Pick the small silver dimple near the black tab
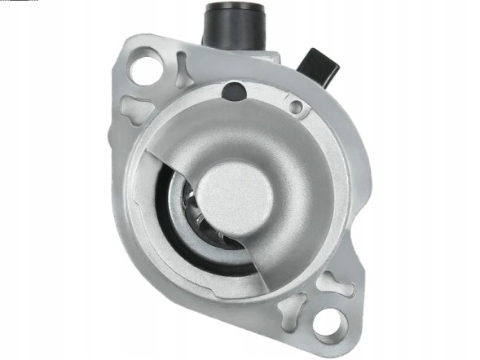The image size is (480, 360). tap(297, 106)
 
